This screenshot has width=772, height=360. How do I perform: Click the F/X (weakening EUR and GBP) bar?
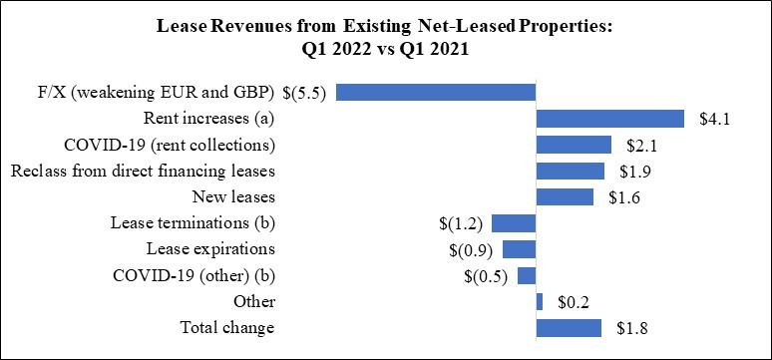click(436, 93)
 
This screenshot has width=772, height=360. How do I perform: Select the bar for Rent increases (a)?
click(610, 119)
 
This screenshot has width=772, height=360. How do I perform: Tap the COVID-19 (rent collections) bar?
click(574, 145)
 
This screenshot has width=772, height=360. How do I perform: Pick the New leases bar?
click(565, 197)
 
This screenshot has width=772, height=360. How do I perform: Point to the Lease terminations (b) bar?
click(514, 223)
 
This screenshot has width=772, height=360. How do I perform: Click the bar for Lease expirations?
click(519, 249)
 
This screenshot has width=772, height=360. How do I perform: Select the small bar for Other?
click(540, 302)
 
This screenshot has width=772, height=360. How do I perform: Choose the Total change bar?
click(569, 328)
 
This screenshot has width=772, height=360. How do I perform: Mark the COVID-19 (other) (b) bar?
click(527, 276)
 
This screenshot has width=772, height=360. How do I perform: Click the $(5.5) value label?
click(305, 93)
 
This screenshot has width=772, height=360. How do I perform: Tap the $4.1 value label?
click(714, 120)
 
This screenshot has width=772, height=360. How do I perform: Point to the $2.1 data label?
click(641, 146)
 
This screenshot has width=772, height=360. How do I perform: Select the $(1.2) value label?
click(461, 223)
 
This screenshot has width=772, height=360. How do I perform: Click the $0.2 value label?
click(573, 302)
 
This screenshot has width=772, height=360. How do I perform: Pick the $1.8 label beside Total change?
click(630, 328)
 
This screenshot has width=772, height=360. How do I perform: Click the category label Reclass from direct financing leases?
click(143, 171)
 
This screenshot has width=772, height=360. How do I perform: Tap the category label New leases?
click(233, 197)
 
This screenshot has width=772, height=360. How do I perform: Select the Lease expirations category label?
click(210, 249)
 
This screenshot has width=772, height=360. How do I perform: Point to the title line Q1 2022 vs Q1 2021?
click(386, 50)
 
